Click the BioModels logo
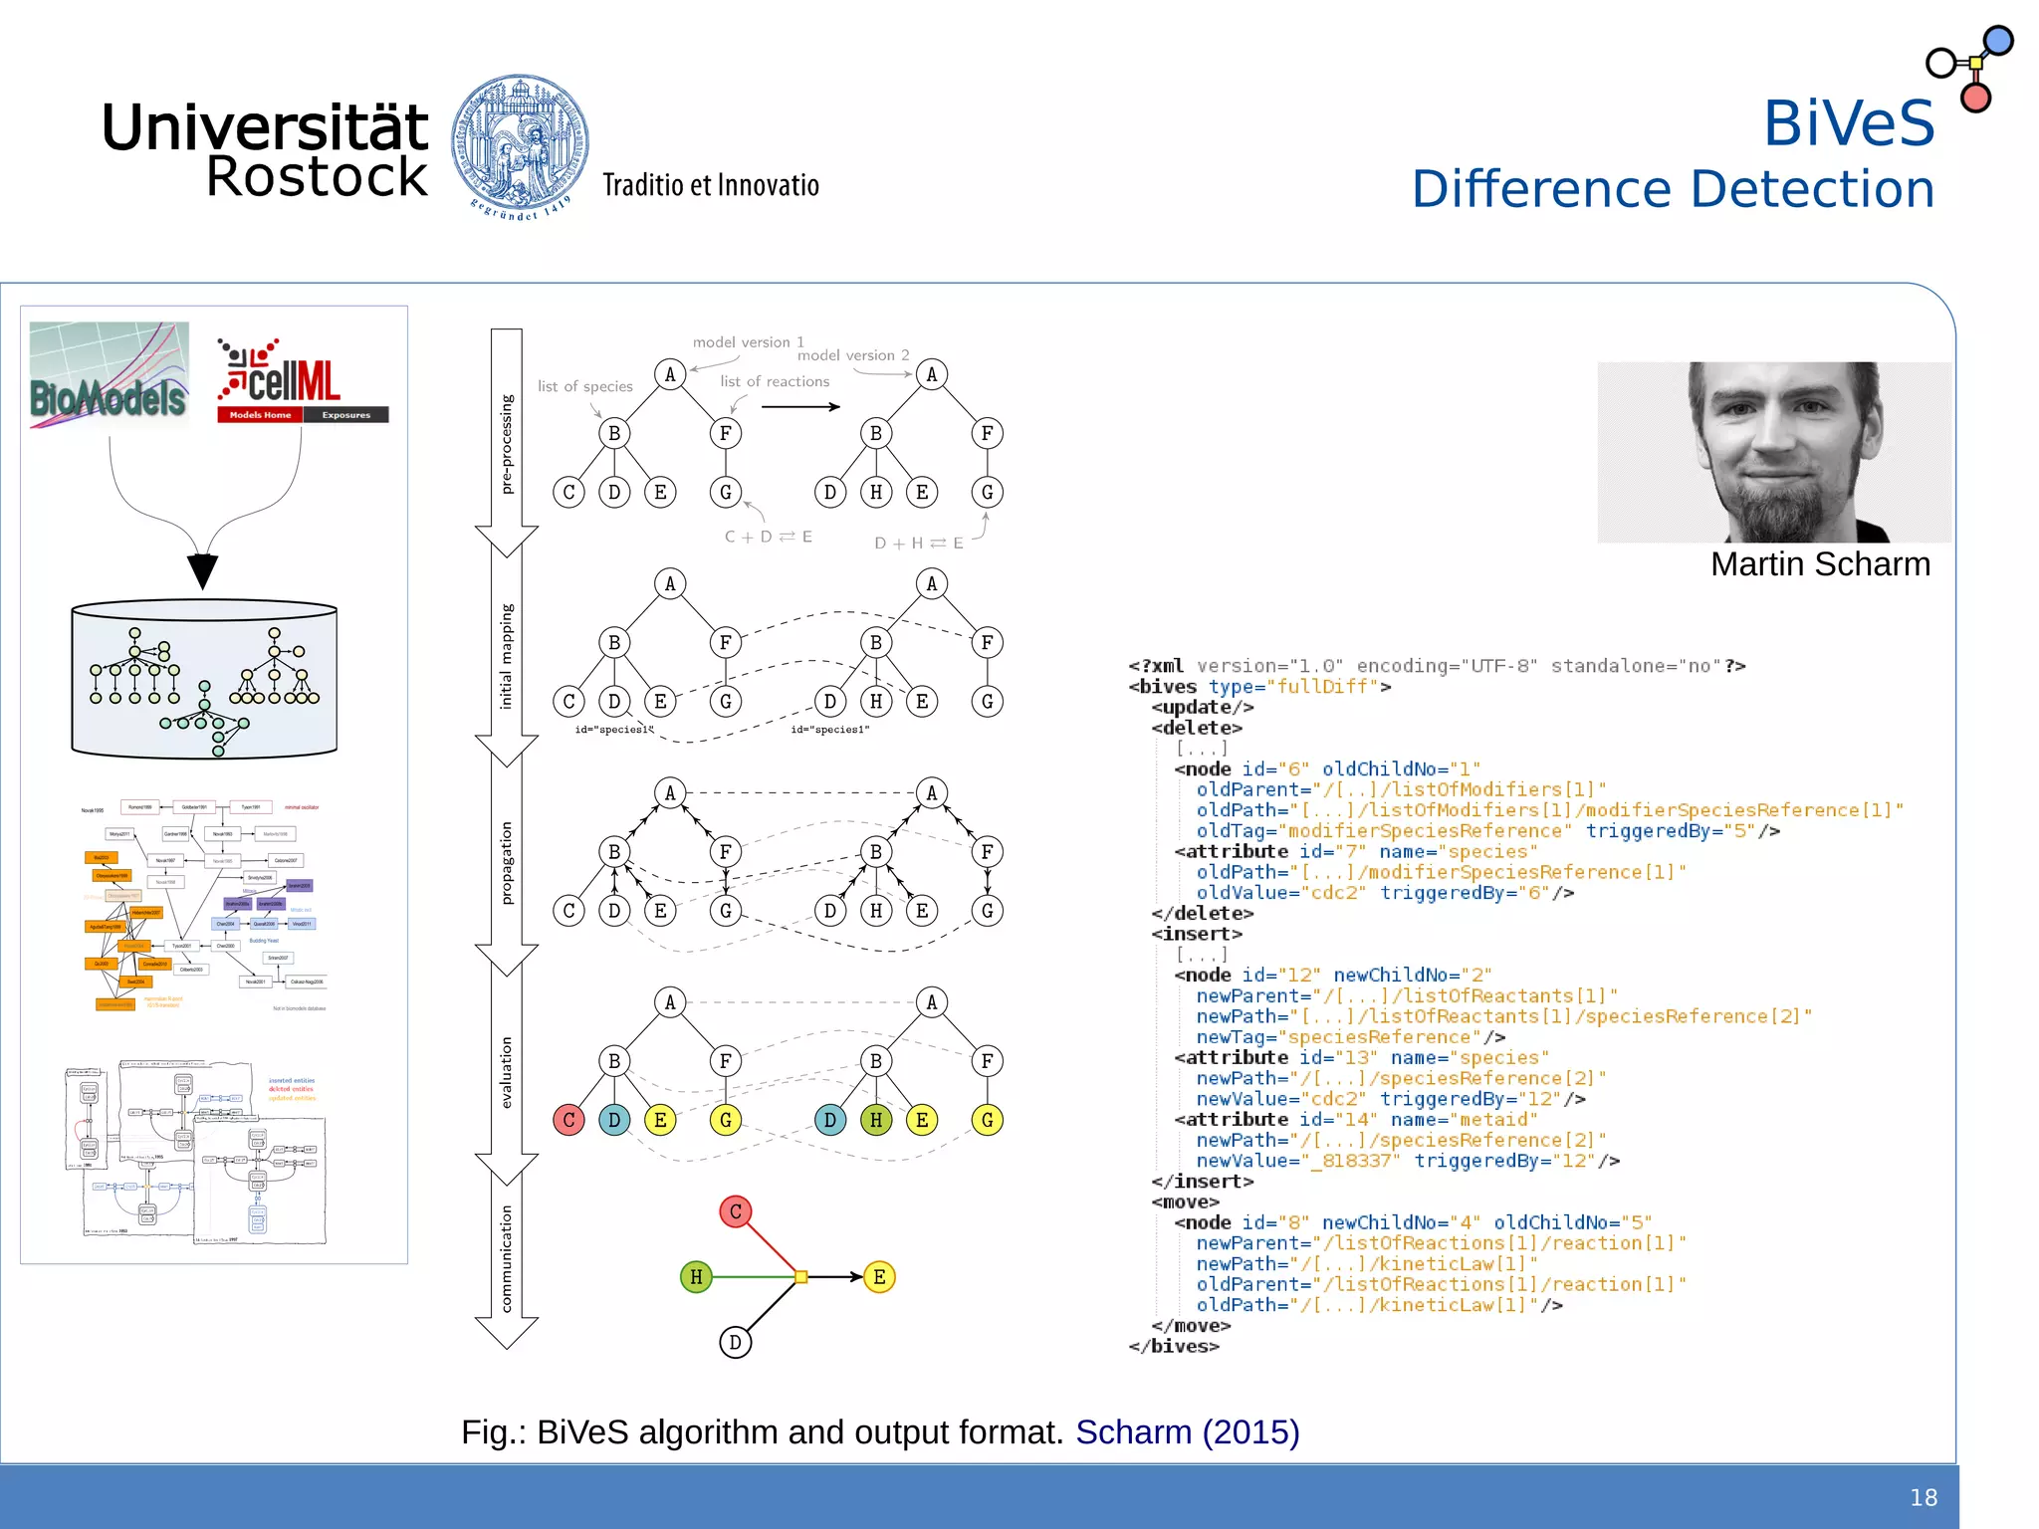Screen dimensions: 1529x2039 [109, 376]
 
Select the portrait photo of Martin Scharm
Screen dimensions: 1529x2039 [1773, 452]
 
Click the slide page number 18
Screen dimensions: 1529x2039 [1923, 1498]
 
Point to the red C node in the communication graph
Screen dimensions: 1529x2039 [736, 1211]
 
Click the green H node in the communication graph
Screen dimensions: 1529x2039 [696, 1276]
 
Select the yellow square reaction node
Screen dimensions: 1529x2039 [800, 1276]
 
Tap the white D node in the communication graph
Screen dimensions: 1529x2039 [735, 1342]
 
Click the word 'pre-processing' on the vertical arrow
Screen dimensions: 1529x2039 [507, 444]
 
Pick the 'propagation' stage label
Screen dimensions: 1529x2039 [507, 862]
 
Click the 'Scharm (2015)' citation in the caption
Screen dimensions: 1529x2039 [1187, 1432]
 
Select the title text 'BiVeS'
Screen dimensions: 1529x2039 [1849, 123]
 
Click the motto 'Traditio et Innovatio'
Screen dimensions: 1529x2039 [710, 186]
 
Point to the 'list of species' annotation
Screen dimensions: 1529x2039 [585, 386]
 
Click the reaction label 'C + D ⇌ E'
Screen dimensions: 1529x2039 [768, 537]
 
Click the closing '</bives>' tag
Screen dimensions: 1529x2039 [1173, 1347]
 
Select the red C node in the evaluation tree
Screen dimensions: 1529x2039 [568, 1120]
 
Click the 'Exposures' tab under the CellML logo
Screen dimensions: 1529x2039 [345, 415]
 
